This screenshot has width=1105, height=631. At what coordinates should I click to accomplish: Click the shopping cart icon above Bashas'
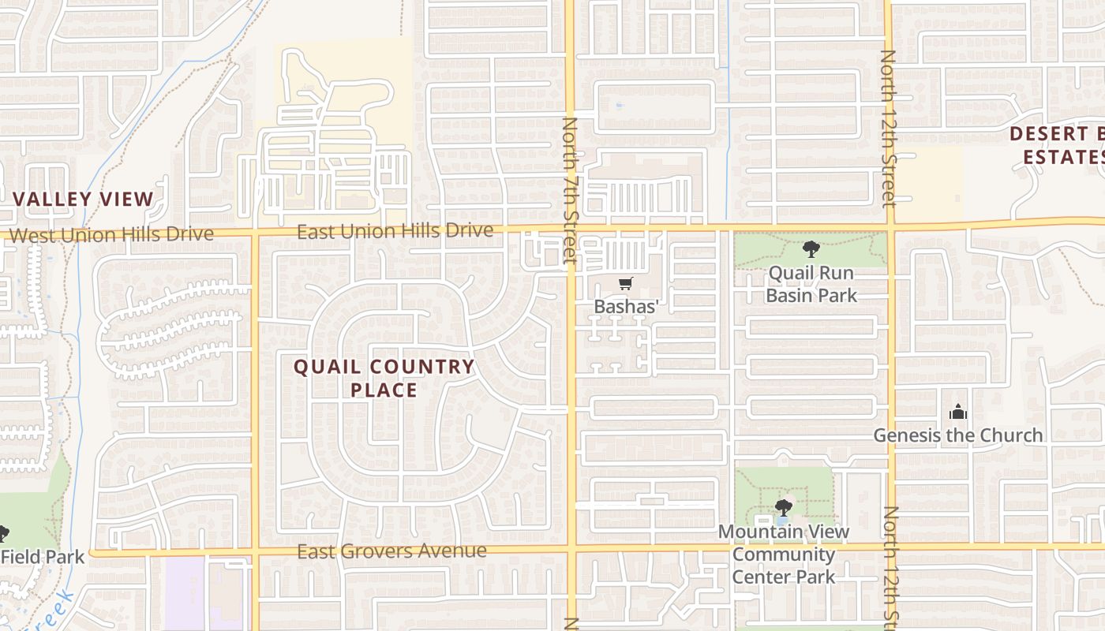click(626, 284)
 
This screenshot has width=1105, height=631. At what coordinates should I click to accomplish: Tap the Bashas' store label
click(626, 306)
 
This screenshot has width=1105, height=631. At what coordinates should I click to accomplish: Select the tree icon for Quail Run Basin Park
click(811, 250)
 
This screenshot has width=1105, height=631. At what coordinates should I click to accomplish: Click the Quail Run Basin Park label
click(811, 285)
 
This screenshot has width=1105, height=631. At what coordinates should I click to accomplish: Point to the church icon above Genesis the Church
click(957, 412)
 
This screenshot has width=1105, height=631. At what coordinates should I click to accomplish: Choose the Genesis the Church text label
click(957, 435)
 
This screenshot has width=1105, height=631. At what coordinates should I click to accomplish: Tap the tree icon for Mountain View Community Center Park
click(783, 507)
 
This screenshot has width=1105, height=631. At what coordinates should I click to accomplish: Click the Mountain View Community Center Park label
click(784, 554)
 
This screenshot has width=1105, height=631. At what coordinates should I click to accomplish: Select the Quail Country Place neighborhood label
click(384, 378)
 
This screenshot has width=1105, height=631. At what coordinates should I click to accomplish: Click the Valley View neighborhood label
click(84, 199)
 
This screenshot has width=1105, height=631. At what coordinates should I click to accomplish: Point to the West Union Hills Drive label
click(111, 234)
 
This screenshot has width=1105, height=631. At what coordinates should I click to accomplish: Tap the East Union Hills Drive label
click(395, 231)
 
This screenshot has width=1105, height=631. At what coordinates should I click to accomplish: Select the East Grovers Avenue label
click(391, 551)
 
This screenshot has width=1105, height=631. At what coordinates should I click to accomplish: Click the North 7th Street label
click(570, 189)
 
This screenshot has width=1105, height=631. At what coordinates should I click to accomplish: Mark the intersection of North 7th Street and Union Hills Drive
click(570, 229)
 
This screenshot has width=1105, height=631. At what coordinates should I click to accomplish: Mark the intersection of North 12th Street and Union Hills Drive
click(891, 227)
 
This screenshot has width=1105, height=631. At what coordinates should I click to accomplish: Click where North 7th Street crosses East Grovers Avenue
click(571, 547)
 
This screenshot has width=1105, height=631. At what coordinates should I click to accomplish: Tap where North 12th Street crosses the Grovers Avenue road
click(893, 546)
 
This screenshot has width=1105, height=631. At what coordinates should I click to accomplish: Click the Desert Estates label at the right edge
click(1058, 145)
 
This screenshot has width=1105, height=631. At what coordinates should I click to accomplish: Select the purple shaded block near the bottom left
click(185, 593)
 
